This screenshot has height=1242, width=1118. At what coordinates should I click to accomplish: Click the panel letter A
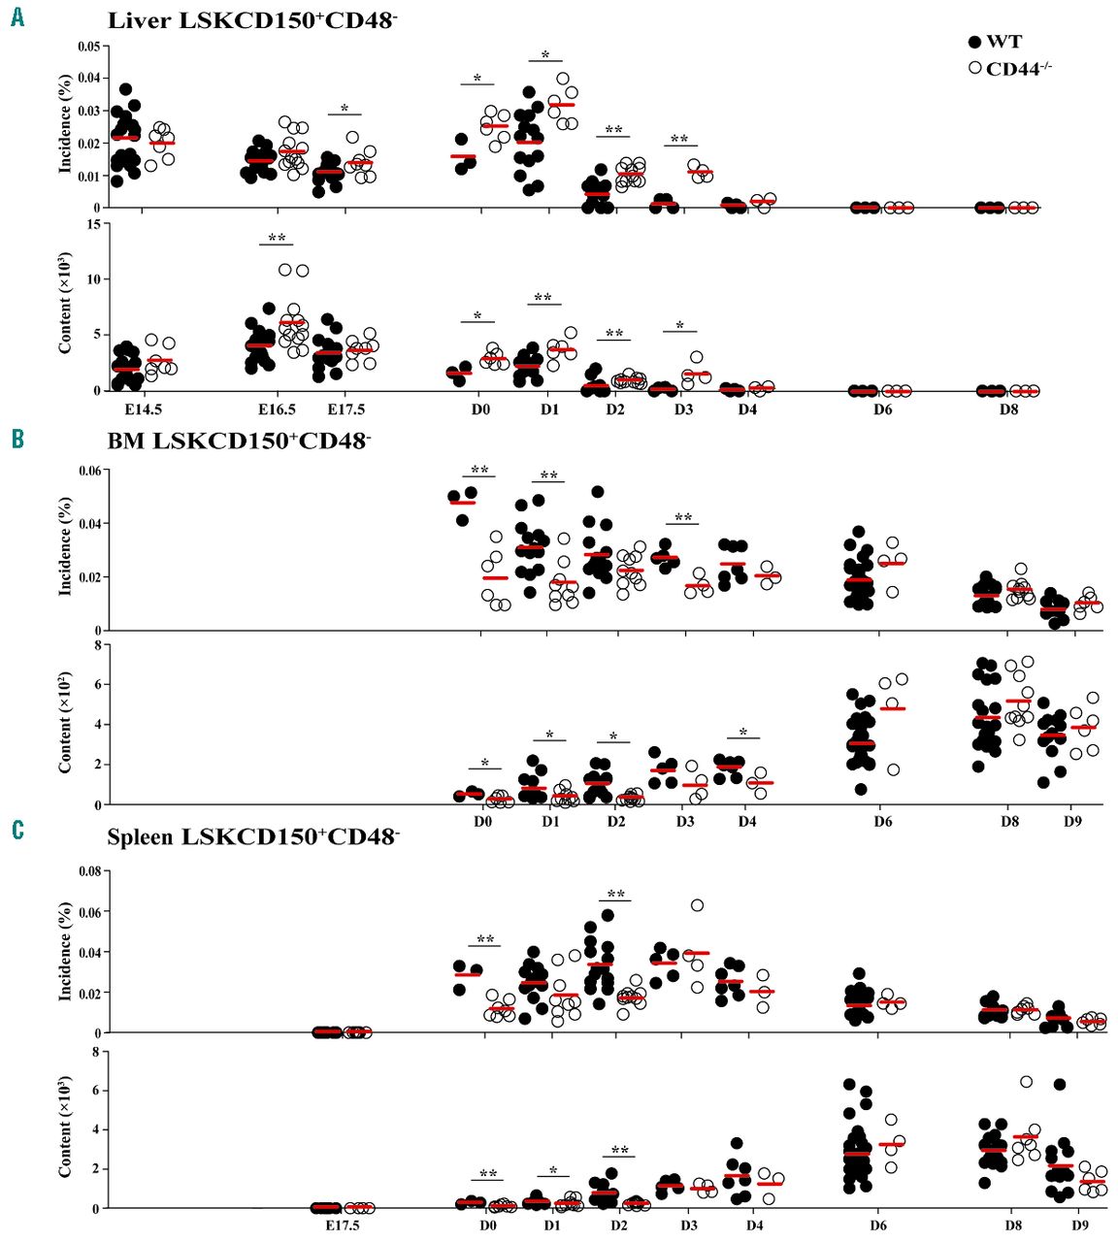(x=18, y=18)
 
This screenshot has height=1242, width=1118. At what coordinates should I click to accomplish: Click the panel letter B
(x=18, y=439)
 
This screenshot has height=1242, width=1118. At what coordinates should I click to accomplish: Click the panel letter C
(x=18, y=831)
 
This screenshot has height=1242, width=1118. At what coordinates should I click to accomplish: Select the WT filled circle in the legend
(x=974, y=42)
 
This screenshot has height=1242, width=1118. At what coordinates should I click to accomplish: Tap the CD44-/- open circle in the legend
(x=974, y=68)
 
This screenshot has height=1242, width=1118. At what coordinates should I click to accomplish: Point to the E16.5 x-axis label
(x=278, y=409)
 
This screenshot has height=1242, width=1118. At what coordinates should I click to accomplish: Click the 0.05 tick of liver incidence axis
(x=88, y=47)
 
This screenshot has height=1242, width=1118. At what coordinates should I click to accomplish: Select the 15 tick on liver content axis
(x=94, y=224)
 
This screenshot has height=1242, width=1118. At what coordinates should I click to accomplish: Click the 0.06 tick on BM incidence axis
(x=88, y=471)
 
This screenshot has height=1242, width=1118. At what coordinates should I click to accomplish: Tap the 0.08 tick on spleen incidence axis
(x=88, y=871)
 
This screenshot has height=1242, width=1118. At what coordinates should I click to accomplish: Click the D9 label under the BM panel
(x=1072, y=822)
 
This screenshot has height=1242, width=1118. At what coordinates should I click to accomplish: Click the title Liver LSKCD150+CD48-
(x=251, y=19)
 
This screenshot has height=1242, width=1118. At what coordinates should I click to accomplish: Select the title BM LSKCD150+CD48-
(x=239, y=441)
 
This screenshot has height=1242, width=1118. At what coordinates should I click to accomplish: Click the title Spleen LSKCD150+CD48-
(x=252, y=836)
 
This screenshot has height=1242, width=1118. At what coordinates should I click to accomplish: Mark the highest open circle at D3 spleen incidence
(x=696, y=905)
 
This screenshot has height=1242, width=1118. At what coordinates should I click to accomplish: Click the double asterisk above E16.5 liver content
(x=277, y=239)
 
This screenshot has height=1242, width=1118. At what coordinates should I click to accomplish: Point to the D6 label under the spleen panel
(x=878, y=1226)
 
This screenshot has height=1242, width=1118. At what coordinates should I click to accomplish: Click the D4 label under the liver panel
(x=747, y=409)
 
